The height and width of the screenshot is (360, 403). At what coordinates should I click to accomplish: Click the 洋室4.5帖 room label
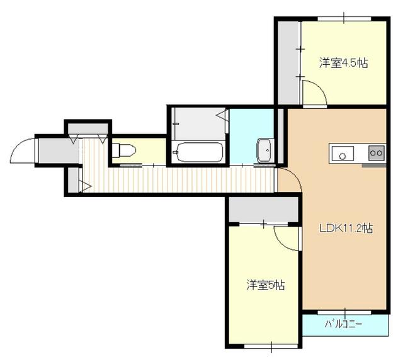(x=343, y=63)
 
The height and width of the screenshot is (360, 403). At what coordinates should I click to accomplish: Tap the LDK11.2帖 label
(x=345, y=228)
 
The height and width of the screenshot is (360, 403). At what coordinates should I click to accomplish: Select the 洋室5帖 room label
(x=265, y=286)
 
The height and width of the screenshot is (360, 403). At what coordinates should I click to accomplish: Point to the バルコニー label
(x=344, y=325)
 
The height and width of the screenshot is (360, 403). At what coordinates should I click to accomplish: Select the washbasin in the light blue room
(x=264, y=150)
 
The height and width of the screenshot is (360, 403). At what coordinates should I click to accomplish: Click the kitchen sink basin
(x=343, y=153)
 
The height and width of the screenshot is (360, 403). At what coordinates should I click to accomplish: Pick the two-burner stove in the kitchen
(x=376, y=152)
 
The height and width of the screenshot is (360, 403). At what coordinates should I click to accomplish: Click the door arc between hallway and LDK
(x=290, y=180)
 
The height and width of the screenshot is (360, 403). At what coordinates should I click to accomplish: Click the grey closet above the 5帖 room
(x=263, y=210)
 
